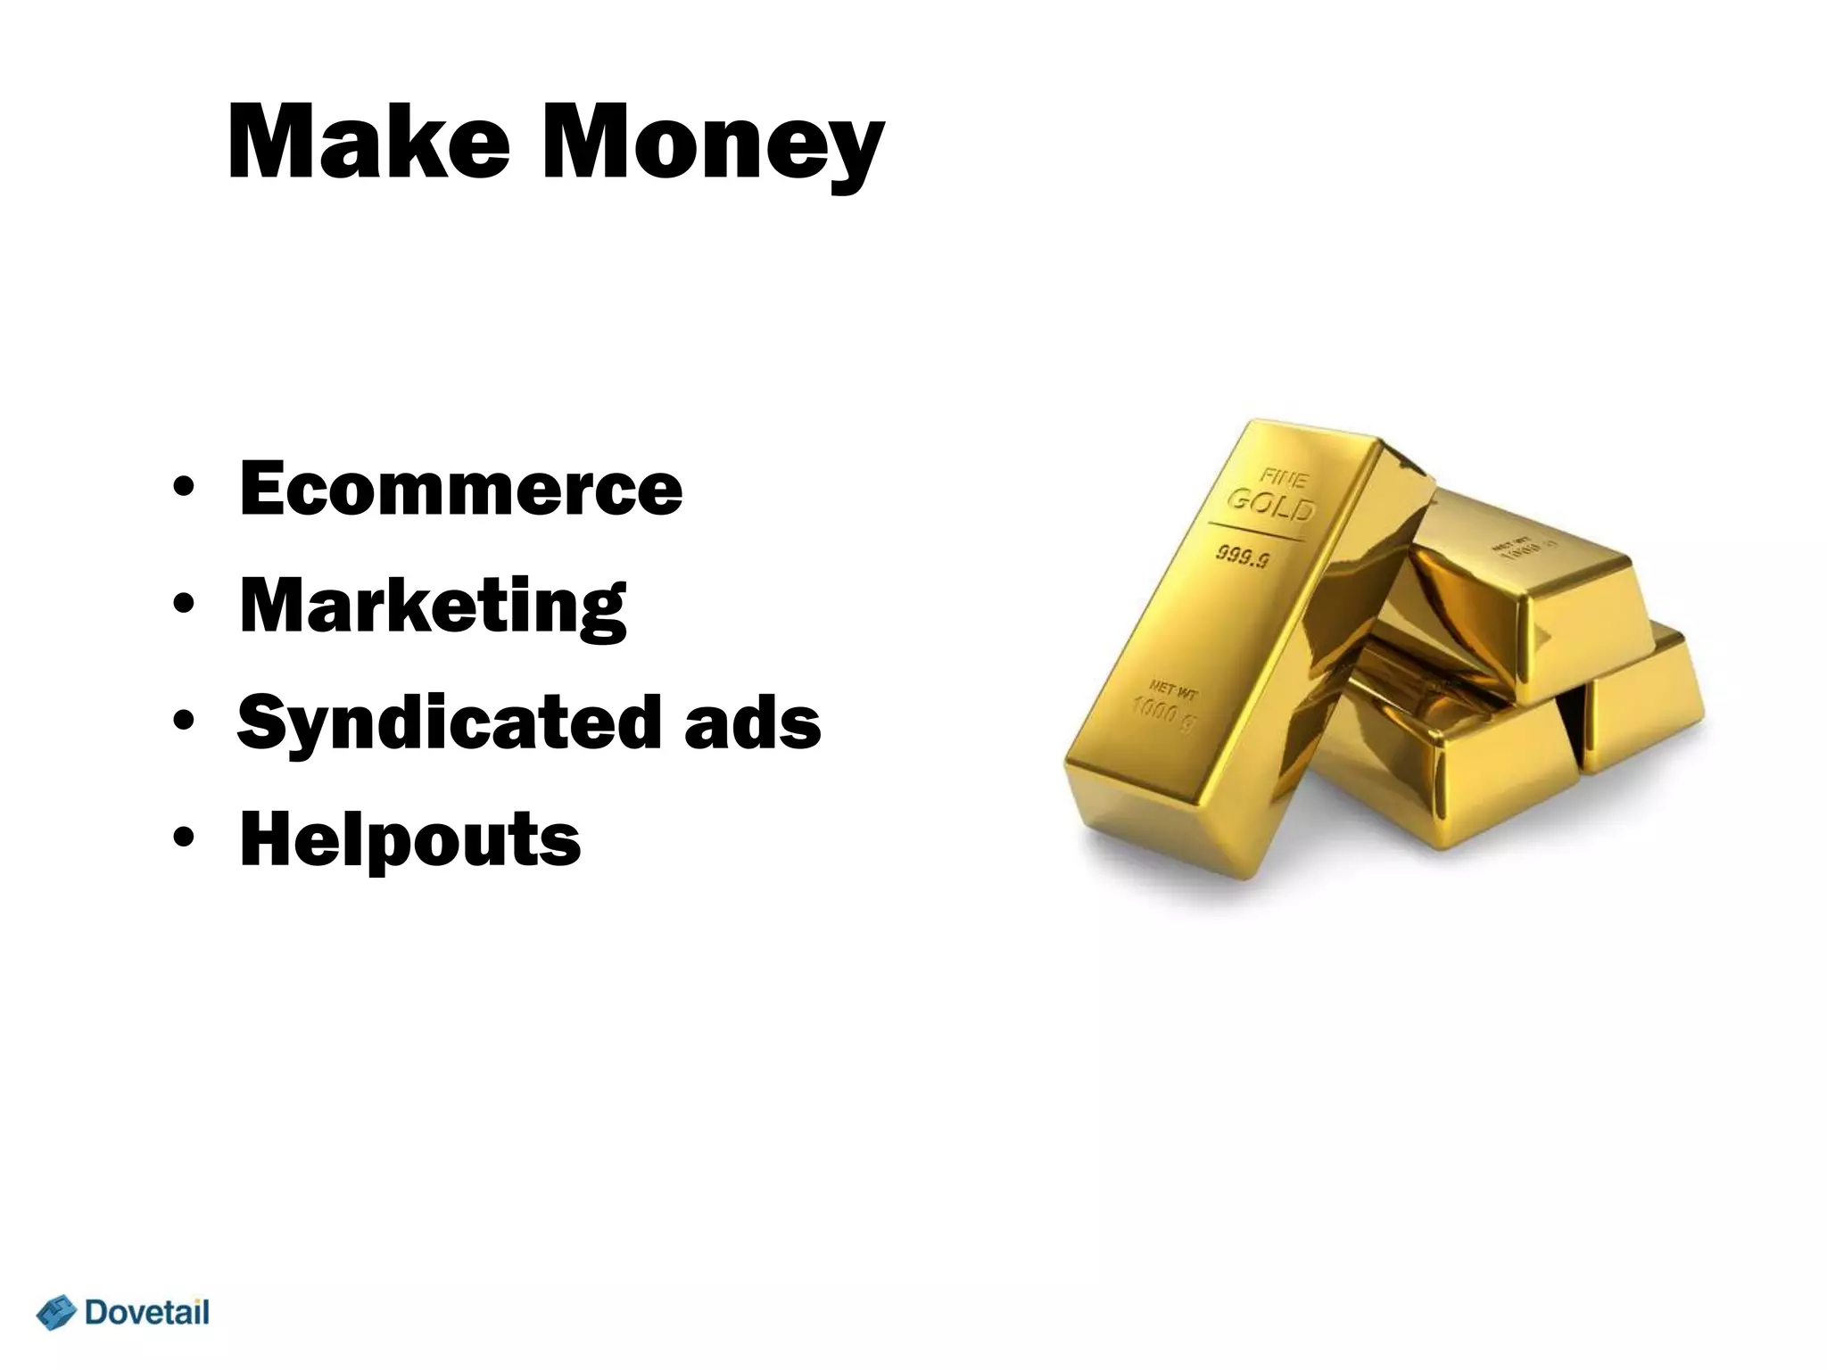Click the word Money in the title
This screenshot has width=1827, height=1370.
coord(711,147)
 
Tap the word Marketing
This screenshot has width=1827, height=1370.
coord(433,607)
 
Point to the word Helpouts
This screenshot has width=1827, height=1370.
coord(409,839)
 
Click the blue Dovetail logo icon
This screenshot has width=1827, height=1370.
coord(56,1313)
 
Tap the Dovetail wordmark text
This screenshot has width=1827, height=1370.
coord(146,1312)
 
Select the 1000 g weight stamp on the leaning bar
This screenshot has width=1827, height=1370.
coord(1162,711)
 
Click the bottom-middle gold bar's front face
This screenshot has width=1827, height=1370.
coord(1499,780)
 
